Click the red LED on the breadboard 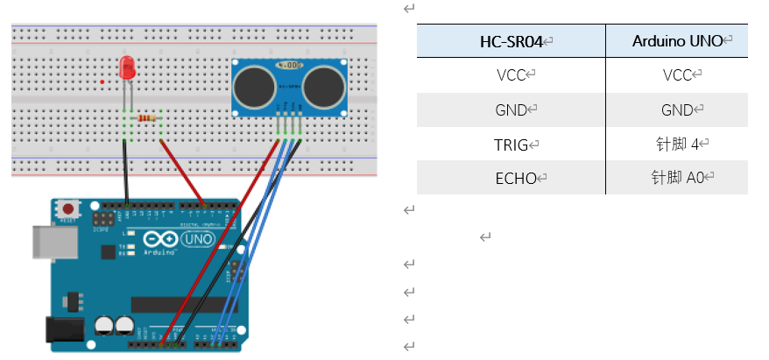coord(127,66)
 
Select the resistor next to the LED coord(148,117)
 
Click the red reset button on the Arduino coord(67,210)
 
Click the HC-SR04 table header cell coord(511,41)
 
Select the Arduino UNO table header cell coord(677,41)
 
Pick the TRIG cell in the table coord(511,145)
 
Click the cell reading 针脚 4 coord(677,145)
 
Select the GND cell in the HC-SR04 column coord(511,109)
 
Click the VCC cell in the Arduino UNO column coord(677,75)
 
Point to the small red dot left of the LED coord(103,81)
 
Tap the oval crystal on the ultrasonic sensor coord(288,65)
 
